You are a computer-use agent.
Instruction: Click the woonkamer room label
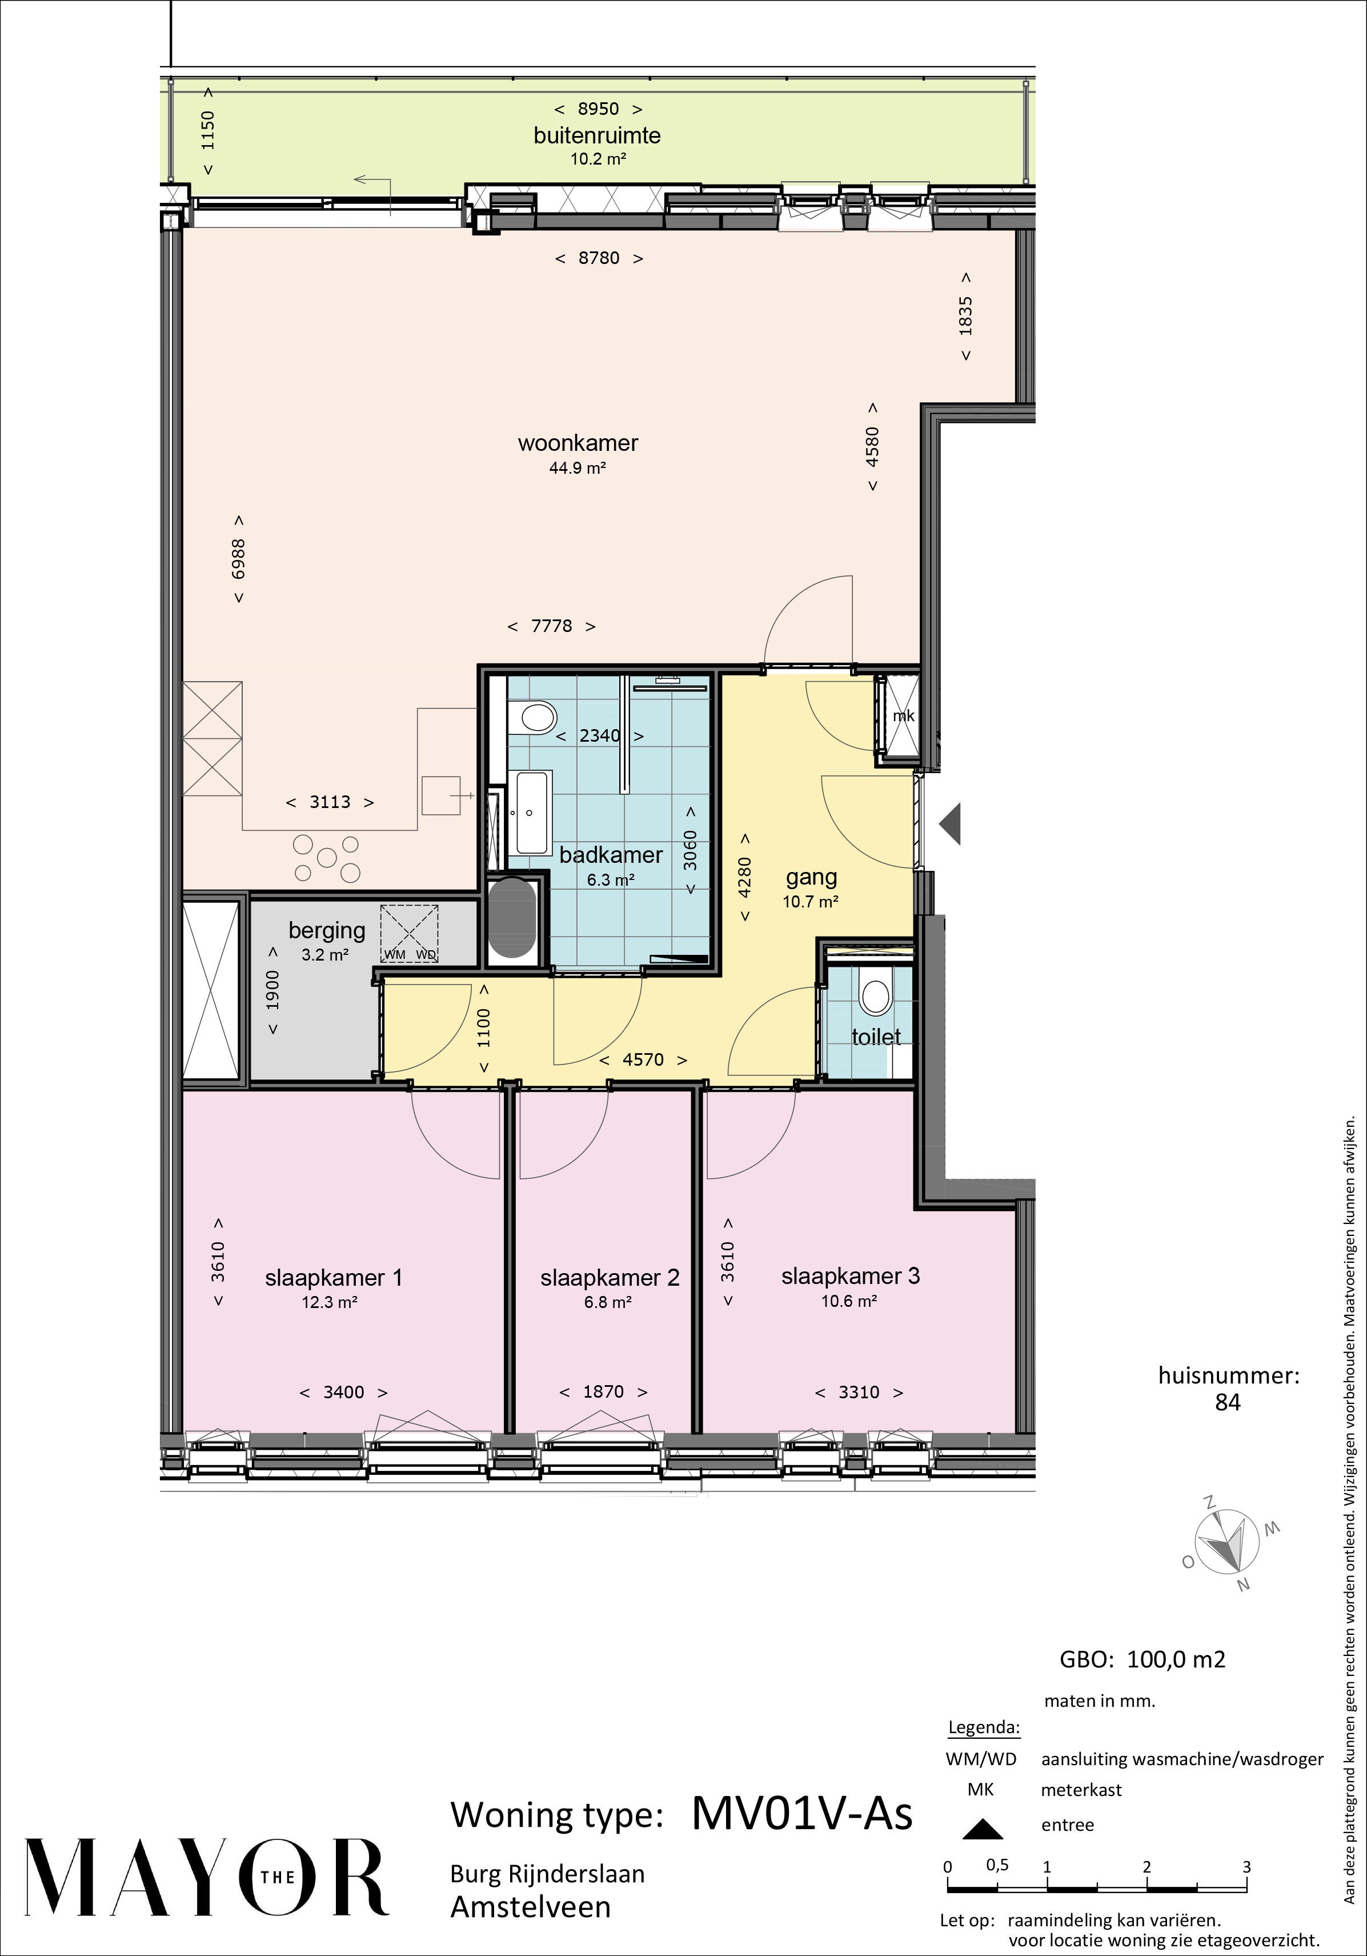coord(578,443)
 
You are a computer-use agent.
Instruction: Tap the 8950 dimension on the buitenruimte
coord(599,109)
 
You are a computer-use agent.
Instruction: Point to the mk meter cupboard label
coord(903,715)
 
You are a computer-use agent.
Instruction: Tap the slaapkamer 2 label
coord(610,1278)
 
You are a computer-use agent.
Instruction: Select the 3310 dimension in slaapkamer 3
coord(859,1392)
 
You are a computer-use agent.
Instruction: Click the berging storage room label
coord(327,931)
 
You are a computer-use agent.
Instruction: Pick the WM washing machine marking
coord(394,954)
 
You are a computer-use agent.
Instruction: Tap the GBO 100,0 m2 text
coord(1142,1659)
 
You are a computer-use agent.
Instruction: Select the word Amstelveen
coord(531,1907)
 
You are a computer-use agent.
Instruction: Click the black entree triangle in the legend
coord(981,1828)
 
